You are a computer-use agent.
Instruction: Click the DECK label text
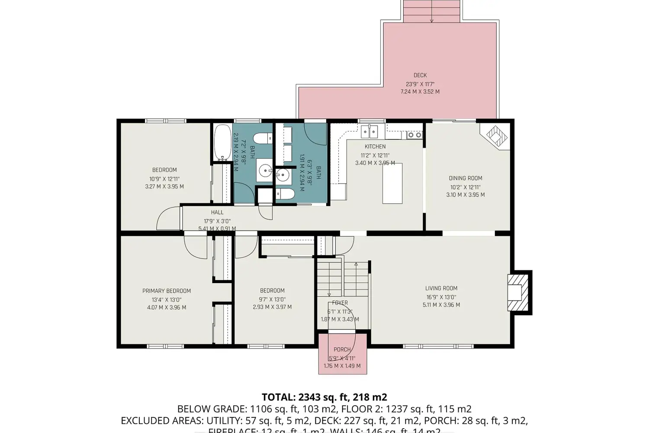420,75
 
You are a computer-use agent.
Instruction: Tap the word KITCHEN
375,147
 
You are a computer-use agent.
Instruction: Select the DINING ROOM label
465,178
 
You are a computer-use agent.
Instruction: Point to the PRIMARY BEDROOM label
167,291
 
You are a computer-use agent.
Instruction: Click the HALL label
217,212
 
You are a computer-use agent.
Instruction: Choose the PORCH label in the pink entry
342,349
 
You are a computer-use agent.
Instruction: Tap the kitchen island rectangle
392,183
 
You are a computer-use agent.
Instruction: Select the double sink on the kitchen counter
370,131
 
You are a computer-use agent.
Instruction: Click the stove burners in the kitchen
415,135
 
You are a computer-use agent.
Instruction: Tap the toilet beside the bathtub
262,139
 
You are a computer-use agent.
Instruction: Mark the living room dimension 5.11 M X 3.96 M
441,305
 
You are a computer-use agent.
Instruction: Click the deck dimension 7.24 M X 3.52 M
420,92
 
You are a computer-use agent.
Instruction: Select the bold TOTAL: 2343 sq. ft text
324,397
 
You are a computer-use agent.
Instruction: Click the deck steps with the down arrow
431,11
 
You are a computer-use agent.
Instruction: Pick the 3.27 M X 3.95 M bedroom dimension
164,187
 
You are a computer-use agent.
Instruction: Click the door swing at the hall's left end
169,219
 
